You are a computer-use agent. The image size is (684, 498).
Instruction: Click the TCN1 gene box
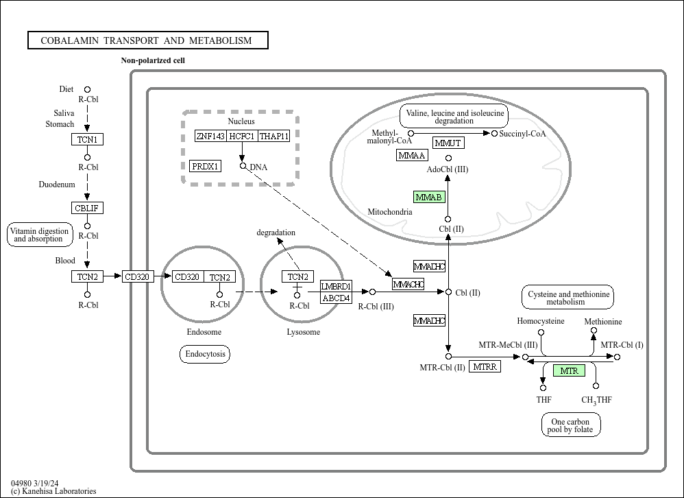point(87,140)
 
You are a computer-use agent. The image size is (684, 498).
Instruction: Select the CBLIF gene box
point(87,209)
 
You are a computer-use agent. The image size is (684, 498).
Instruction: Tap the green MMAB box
point(429,198)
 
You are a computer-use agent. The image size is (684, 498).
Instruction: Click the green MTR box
point(569,370)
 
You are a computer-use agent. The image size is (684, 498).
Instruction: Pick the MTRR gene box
point(485,366)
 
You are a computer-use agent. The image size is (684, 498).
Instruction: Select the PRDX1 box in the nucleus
point(206,166)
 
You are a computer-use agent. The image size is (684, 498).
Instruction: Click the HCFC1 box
point(242,137)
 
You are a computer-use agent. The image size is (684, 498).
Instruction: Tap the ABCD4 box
point(336,298)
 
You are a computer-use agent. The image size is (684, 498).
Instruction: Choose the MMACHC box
point(408,284)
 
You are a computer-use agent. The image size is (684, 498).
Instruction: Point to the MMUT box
point(448,143)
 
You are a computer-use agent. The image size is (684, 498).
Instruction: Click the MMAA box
point(412,155)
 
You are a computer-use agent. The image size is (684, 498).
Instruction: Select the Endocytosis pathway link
point(205,354)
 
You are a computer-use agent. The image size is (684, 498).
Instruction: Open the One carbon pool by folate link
point(571,425)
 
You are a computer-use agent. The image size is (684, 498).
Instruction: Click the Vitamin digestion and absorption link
point(39,235)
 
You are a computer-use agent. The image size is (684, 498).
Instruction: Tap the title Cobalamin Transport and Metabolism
point(148,40)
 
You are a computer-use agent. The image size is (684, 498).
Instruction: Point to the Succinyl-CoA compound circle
point(494,133)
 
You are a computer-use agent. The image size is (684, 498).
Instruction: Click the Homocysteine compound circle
point(541,332)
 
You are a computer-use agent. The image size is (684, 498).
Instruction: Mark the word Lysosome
point(303,332)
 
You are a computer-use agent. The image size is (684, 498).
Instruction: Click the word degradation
point(276,233)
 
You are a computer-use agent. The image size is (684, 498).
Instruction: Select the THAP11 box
point(274,137)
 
